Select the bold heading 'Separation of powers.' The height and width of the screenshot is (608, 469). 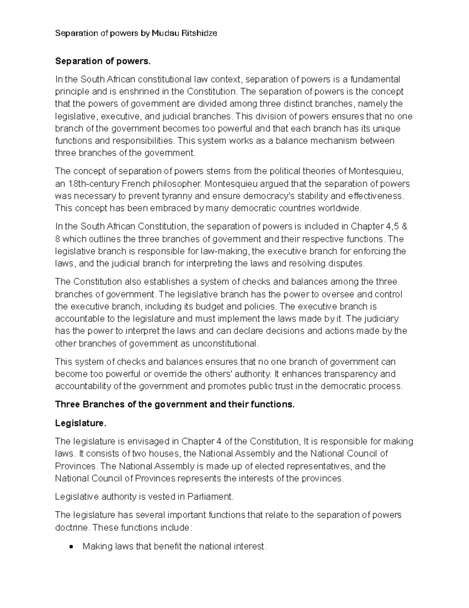click(x=102, y=61)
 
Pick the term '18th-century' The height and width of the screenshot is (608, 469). click(x=93, y=184)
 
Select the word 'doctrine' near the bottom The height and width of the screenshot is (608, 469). click(x=72, y=527)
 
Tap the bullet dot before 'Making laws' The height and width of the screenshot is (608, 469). click(x=71, y=547)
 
